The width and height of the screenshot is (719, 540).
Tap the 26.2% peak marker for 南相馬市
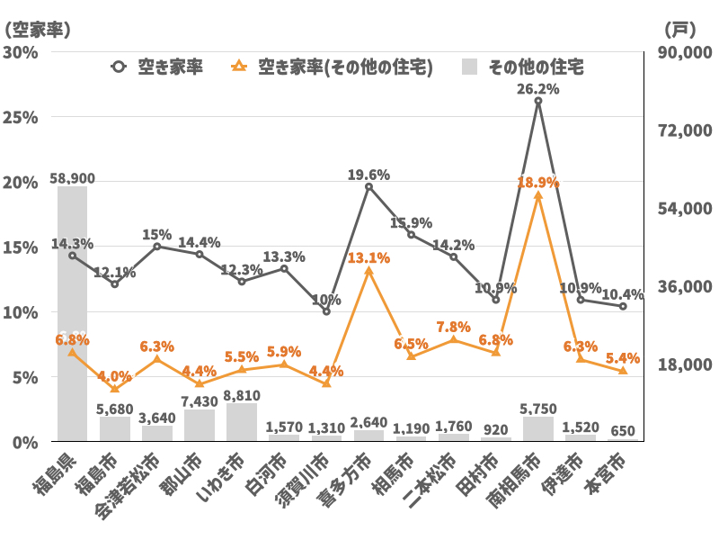click(538, 101)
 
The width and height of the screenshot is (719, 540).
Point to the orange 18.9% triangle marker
click(538, 195)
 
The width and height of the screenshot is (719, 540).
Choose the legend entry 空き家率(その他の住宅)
click(333, 67)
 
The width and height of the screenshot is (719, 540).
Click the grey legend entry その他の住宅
click(525, 67)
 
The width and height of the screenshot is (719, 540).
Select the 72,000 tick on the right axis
click(685, 130)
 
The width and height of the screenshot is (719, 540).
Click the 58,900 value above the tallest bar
click(72, 180)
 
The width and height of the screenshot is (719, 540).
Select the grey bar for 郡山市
click(200, 426)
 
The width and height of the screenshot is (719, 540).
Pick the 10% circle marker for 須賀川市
click(326, 311)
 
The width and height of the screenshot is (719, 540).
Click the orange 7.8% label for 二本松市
click(454, 327)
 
